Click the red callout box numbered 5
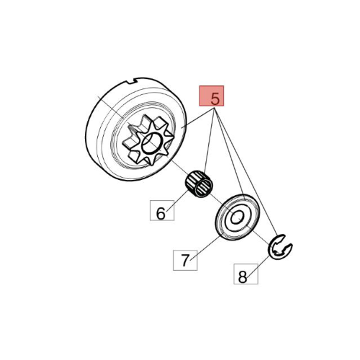212,96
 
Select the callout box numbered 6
162,210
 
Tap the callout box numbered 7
185,260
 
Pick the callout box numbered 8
246,274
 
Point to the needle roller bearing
199,184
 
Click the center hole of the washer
237,217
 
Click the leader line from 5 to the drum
197,118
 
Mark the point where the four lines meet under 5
215,109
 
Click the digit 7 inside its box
185,260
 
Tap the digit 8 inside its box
243,276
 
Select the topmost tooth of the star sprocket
146,118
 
